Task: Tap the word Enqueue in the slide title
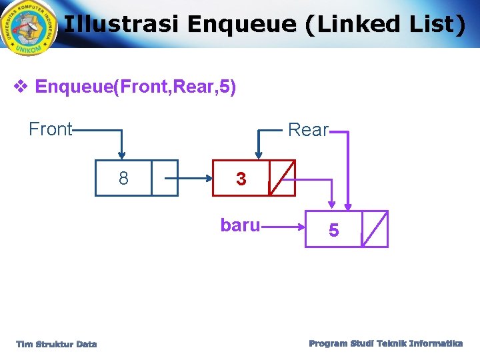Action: [240, 25]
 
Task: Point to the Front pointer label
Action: [50, 129]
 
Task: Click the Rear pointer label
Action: [308, 129]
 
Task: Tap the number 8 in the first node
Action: [123, 178]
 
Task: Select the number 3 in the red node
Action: [241, 179]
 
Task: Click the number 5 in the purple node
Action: [334, 231]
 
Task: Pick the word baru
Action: [240, 225]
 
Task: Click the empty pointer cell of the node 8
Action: [165, 178]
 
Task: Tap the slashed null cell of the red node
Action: [282, 178]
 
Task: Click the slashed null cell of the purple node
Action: [375, 229]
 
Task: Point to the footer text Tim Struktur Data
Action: [57, 344]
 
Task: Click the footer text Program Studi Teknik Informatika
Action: [386, 343]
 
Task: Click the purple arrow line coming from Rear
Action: [348, 167]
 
